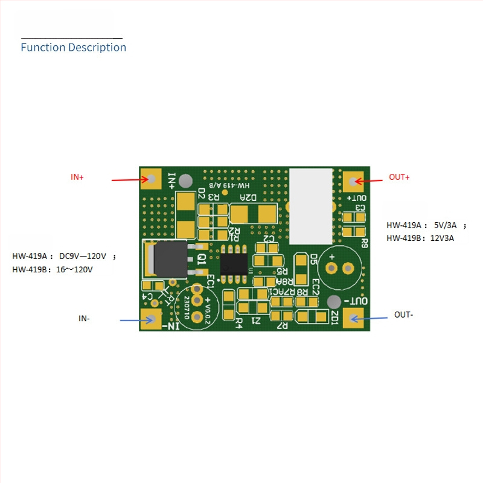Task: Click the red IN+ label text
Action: pos(77,177)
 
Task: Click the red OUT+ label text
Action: pos(399,177)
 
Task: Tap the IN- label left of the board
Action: pos(84,318)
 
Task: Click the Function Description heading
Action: pos(73,47)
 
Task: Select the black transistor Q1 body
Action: pos(170,259)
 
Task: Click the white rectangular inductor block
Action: pos(311,206)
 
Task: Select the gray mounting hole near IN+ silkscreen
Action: pos(187,181)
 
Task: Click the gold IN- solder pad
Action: pos(150,319)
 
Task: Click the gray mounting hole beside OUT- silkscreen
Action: pos(333,302)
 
